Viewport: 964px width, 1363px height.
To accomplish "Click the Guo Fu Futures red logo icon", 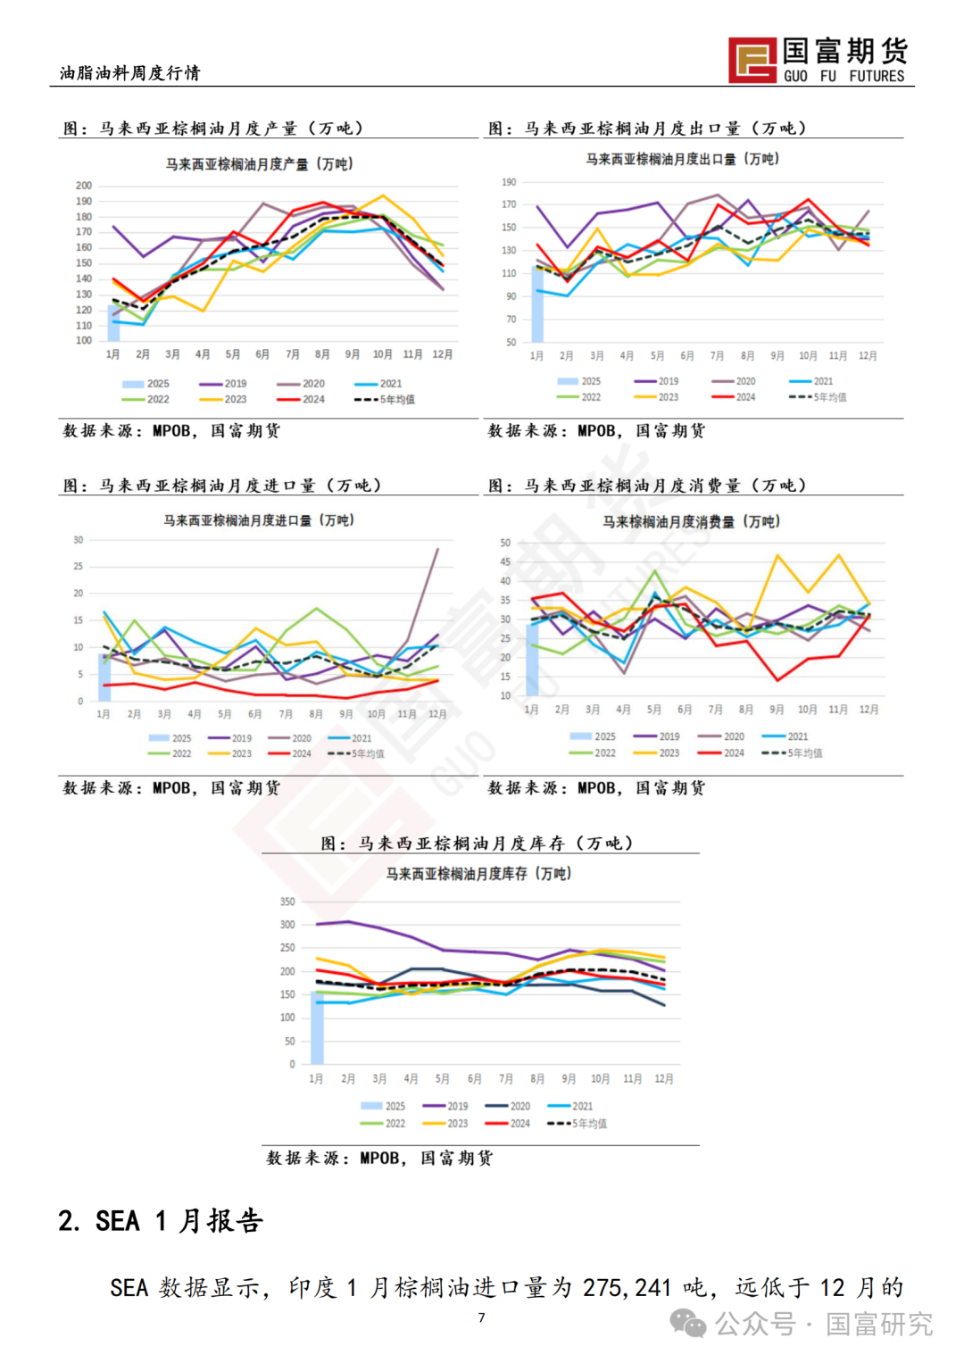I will tap(752, 60).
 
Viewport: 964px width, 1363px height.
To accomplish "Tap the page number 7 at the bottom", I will tap(482, 1317).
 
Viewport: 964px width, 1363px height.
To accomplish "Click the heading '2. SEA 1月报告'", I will tap(161, 1220).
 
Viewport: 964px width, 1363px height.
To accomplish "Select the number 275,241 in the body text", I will tap(627, 1287).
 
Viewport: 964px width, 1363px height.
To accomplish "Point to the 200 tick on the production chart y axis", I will tap(84, 186).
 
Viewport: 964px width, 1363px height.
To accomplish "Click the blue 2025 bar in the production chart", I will tap(113, 323).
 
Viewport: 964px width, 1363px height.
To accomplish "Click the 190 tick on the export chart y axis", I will tap(509, 182).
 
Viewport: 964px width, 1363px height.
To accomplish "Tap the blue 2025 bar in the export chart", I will tap(537, 304).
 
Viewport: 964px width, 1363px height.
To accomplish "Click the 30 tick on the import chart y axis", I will tap(79, 540).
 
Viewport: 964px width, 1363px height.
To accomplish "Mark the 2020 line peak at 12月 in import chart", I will tap(437, 549).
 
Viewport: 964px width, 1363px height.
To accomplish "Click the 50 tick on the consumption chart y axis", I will tap(505, 543).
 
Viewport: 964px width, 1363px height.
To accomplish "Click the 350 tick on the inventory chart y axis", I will tap(287, 902).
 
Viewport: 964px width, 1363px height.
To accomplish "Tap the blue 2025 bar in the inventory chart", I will tap(317, 1028).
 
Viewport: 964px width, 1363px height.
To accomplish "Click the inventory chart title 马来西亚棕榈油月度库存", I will tap(478, 874).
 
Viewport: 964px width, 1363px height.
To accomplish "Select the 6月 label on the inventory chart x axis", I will tap(474, 1079).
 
